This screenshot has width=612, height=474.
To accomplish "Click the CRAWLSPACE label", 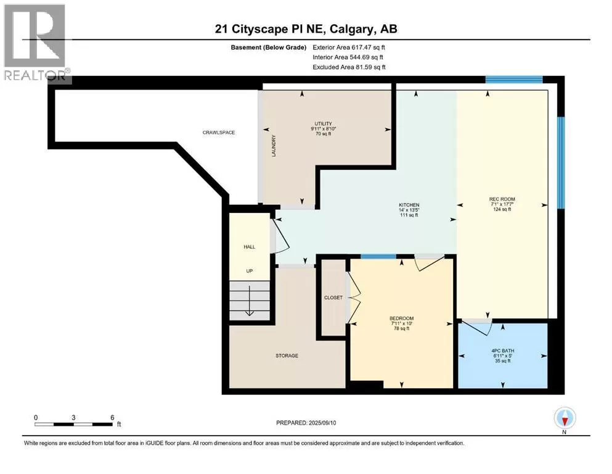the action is (219, 133).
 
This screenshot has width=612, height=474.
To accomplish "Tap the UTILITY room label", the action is (323, 123).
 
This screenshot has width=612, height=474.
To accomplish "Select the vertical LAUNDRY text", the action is (274, 146).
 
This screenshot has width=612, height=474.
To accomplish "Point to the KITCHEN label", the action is (409, 205).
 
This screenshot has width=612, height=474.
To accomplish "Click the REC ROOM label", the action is (502, 199).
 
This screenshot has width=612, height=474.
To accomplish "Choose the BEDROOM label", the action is (402, 318).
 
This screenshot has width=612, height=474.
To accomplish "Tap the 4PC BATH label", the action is (503, 351).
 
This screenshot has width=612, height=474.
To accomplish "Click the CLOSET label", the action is (333, 297).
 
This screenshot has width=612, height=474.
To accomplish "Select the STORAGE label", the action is (287, 355).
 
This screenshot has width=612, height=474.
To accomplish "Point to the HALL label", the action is (250, 247).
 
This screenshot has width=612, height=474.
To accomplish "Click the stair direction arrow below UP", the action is (250, 301).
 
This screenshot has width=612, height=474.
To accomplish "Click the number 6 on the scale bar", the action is (112, 417).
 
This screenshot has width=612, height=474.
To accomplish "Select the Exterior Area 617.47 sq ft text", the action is (349, 48).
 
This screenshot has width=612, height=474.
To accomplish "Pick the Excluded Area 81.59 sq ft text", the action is (349, 67).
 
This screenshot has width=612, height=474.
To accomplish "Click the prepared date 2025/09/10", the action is (322, 423).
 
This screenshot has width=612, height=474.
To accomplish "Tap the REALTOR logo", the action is (36, 43).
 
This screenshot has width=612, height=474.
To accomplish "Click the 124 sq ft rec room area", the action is (502, 209).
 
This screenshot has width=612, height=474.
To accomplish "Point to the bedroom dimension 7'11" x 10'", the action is (402, 323).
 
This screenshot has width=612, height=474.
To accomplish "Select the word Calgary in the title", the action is (351, 29).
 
